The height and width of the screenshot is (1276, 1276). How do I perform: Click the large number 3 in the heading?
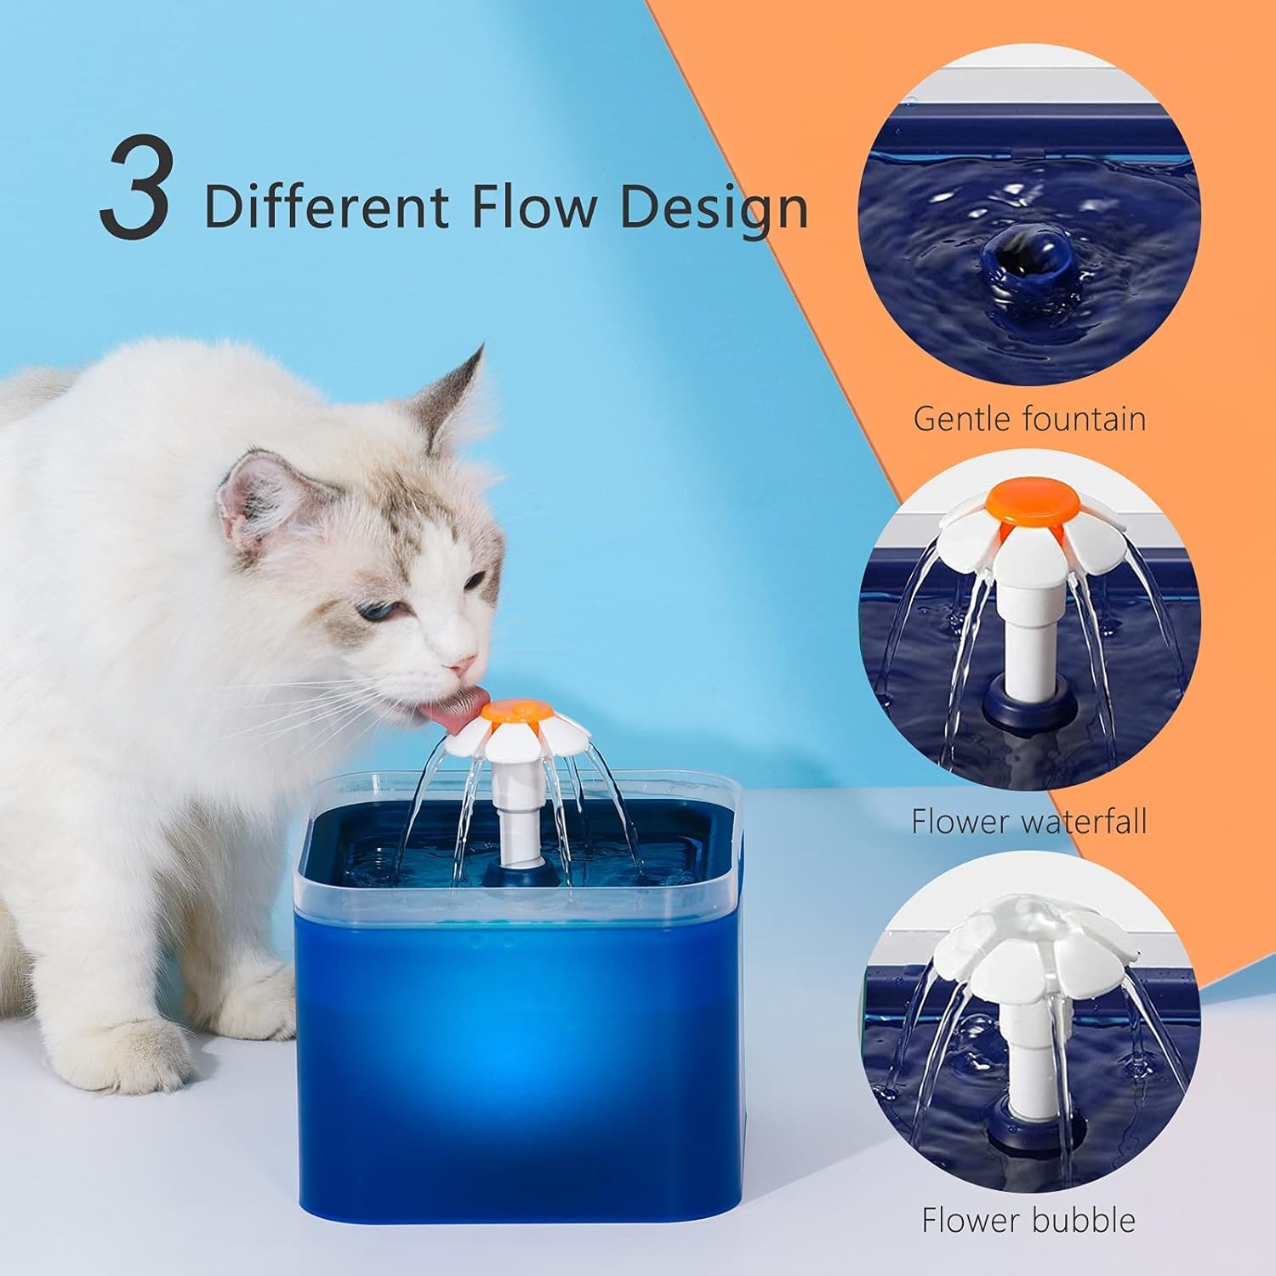(x=133, y=190)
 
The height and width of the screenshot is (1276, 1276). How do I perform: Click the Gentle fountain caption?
(x=1029, y=419)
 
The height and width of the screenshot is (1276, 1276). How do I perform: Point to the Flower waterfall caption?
(x=1029, y=821)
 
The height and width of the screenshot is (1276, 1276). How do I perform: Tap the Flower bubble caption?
(x=1029, y=1220)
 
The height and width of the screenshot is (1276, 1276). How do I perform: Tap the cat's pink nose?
(x=463, y=662)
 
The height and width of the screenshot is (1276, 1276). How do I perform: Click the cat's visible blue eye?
(x=373, y=611)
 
